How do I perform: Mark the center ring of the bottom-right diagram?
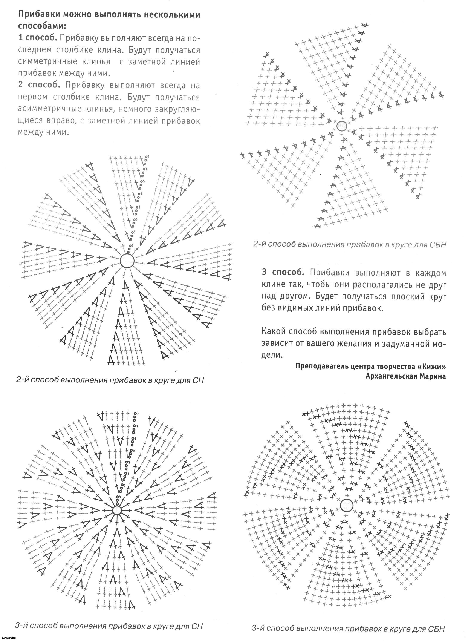(346, 505)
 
